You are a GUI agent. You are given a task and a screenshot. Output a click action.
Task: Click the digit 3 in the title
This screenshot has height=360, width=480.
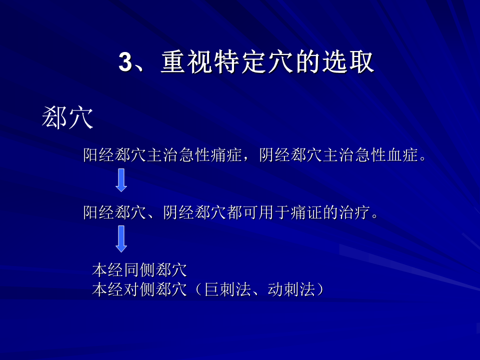point(125,62)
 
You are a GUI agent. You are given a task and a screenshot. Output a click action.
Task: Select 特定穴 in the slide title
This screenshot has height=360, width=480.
point(253,62)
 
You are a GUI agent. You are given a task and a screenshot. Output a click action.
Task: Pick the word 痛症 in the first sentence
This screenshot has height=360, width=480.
point(227,154)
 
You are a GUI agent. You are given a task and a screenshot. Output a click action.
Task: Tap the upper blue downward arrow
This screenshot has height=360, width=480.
point(121,180)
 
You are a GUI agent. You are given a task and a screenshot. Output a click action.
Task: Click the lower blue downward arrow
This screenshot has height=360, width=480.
point(121,239)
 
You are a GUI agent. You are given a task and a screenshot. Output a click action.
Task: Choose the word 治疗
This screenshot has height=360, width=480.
point(354,212)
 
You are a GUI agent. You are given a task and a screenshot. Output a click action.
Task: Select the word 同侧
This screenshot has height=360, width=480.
point(139,269)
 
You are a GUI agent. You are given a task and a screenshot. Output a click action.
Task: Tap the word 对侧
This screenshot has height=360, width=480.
point(139,289)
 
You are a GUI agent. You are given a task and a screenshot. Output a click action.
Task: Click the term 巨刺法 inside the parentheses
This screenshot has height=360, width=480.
point(228,289)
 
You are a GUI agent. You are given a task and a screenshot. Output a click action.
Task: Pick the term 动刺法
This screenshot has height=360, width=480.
point(291,289)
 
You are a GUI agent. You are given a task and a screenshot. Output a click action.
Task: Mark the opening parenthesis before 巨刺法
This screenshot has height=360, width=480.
point(198,289)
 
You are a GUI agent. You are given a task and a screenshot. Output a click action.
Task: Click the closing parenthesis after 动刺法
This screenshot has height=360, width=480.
point(320,289)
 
